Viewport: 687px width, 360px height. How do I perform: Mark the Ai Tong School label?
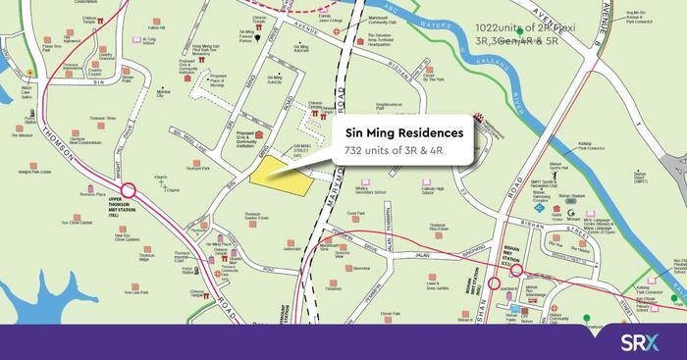pos(177,41)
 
